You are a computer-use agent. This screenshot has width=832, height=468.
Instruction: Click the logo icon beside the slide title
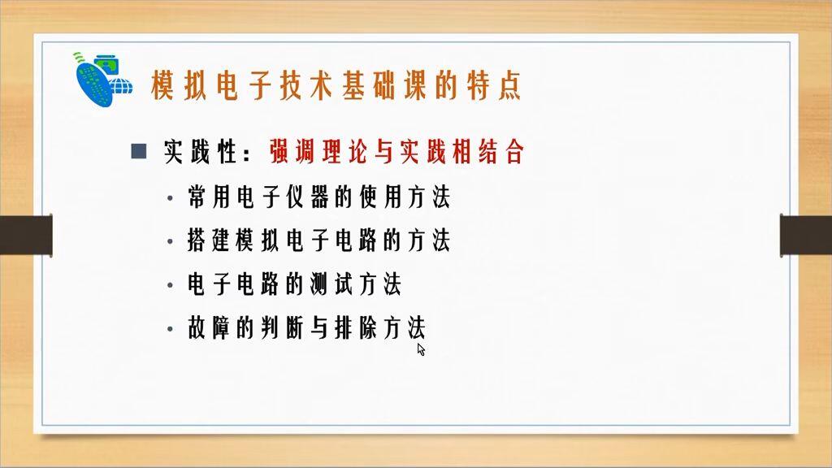pos(103,80)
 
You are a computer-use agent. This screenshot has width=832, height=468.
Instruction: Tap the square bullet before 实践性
pos(138,151)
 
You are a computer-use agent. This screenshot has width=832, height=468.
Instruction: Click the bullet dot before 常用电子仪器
pos(170,198)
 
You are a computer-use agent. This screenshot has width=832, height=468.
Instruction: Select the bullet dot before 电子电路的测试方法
pos(170,286)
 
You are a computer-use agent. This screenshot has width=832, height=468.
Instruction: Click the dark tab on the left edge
pos(25,235)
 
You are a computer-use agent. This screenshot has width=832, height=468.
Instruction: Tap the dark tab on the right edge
pos(805,235)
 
